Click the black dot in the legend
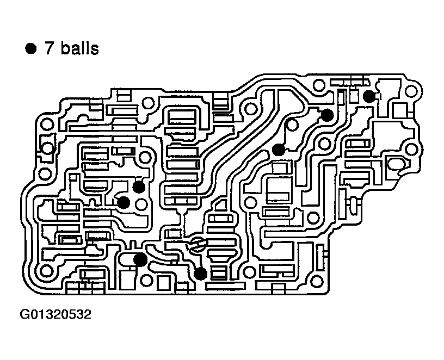point(30,49)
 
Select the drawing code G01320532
point(55,314)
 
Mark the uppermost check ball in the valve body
point(369,97)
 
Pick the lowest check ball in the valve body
point(201,273)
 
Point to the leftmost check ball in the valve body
point(124,202)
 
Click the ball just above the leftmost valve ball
point(139,187)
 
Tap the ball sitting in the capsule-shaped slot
point(139,259)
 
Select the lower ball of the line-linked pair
point(279,150)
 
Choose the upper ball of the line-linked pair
point(327,115)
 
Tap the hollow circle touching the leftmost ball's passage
point(141,205)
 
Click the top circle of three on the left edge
point(47,125)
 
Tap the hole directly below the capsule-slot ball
point(145,281)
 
